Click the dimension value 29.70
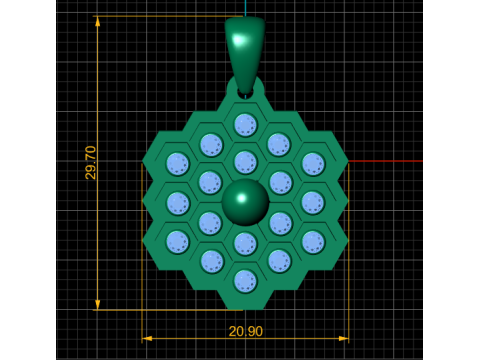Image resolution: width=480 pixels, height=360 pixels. [x=90, y=163]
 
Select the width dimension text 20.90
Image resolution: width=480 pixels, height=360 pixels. [x=246, y=331]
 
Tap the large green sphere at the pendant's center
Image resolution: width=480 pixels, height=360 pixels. [x=245, y=202]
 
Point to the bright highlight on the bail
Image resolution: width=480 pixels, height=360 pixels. [x=239, y=40]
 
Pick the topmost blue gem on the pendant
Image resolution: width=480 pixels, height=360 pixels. [x=246, y=125]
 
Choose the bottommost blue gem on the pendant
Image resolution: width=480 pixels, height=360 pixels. [x=246, y=282]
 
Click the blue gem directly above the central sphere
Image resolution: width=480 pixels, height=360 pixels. [x=246, y=162]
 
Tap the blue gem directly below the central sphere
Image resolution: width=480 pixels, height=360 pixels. [x=246, y=243]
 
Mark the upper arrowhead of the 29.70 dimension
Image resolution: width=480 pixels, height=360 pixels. [x=97, y=22]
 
